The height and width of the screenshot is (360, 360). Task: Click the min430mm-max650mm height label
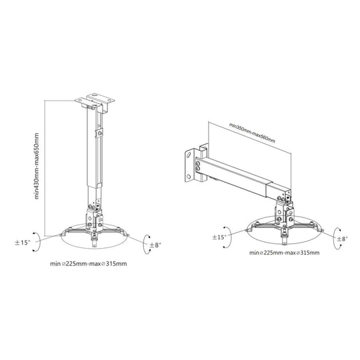click(x=38, y=165)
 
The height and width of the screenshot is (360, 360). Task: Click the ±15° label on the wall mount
click(x=219, y=236)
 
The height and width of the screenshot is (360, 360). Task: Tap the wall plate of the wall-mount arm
click(x=193, y=165)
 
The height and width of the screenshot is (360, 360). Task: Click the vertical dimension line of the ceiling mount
click(x=45, y=167)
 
